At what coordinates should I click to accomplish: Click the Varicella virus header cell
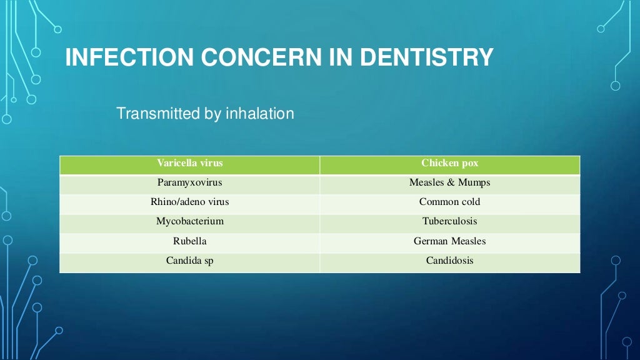[x=189, y=163]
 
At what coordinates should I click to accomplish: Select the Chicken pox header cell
[x=449, y=163]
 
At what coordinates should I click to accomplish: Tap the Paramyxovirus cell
[x=189, y=182]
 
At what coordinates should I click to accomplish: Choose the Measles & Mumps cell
[x=449, y=182]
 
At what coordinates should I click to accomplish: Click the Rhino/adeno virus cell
[x=189, y=202]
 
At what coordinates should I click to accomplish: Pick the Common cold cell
[x=449, y=202]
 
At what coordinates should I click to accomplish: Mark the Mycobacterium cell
[x=189, y=221]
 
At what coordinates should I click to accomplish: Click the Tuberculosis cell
[x=449, y=221]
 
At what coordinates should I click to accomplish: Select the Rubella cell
[x=189, y=241]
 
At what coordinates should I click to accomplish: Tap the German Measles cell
[x=449, y=241]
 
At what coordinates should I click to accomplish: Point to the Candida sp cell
[x=189, y=260]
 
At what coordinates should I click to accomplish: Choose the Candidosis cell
[x=449, y=260]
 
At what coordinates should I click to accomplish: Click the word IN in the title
[x=341, y=57]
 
